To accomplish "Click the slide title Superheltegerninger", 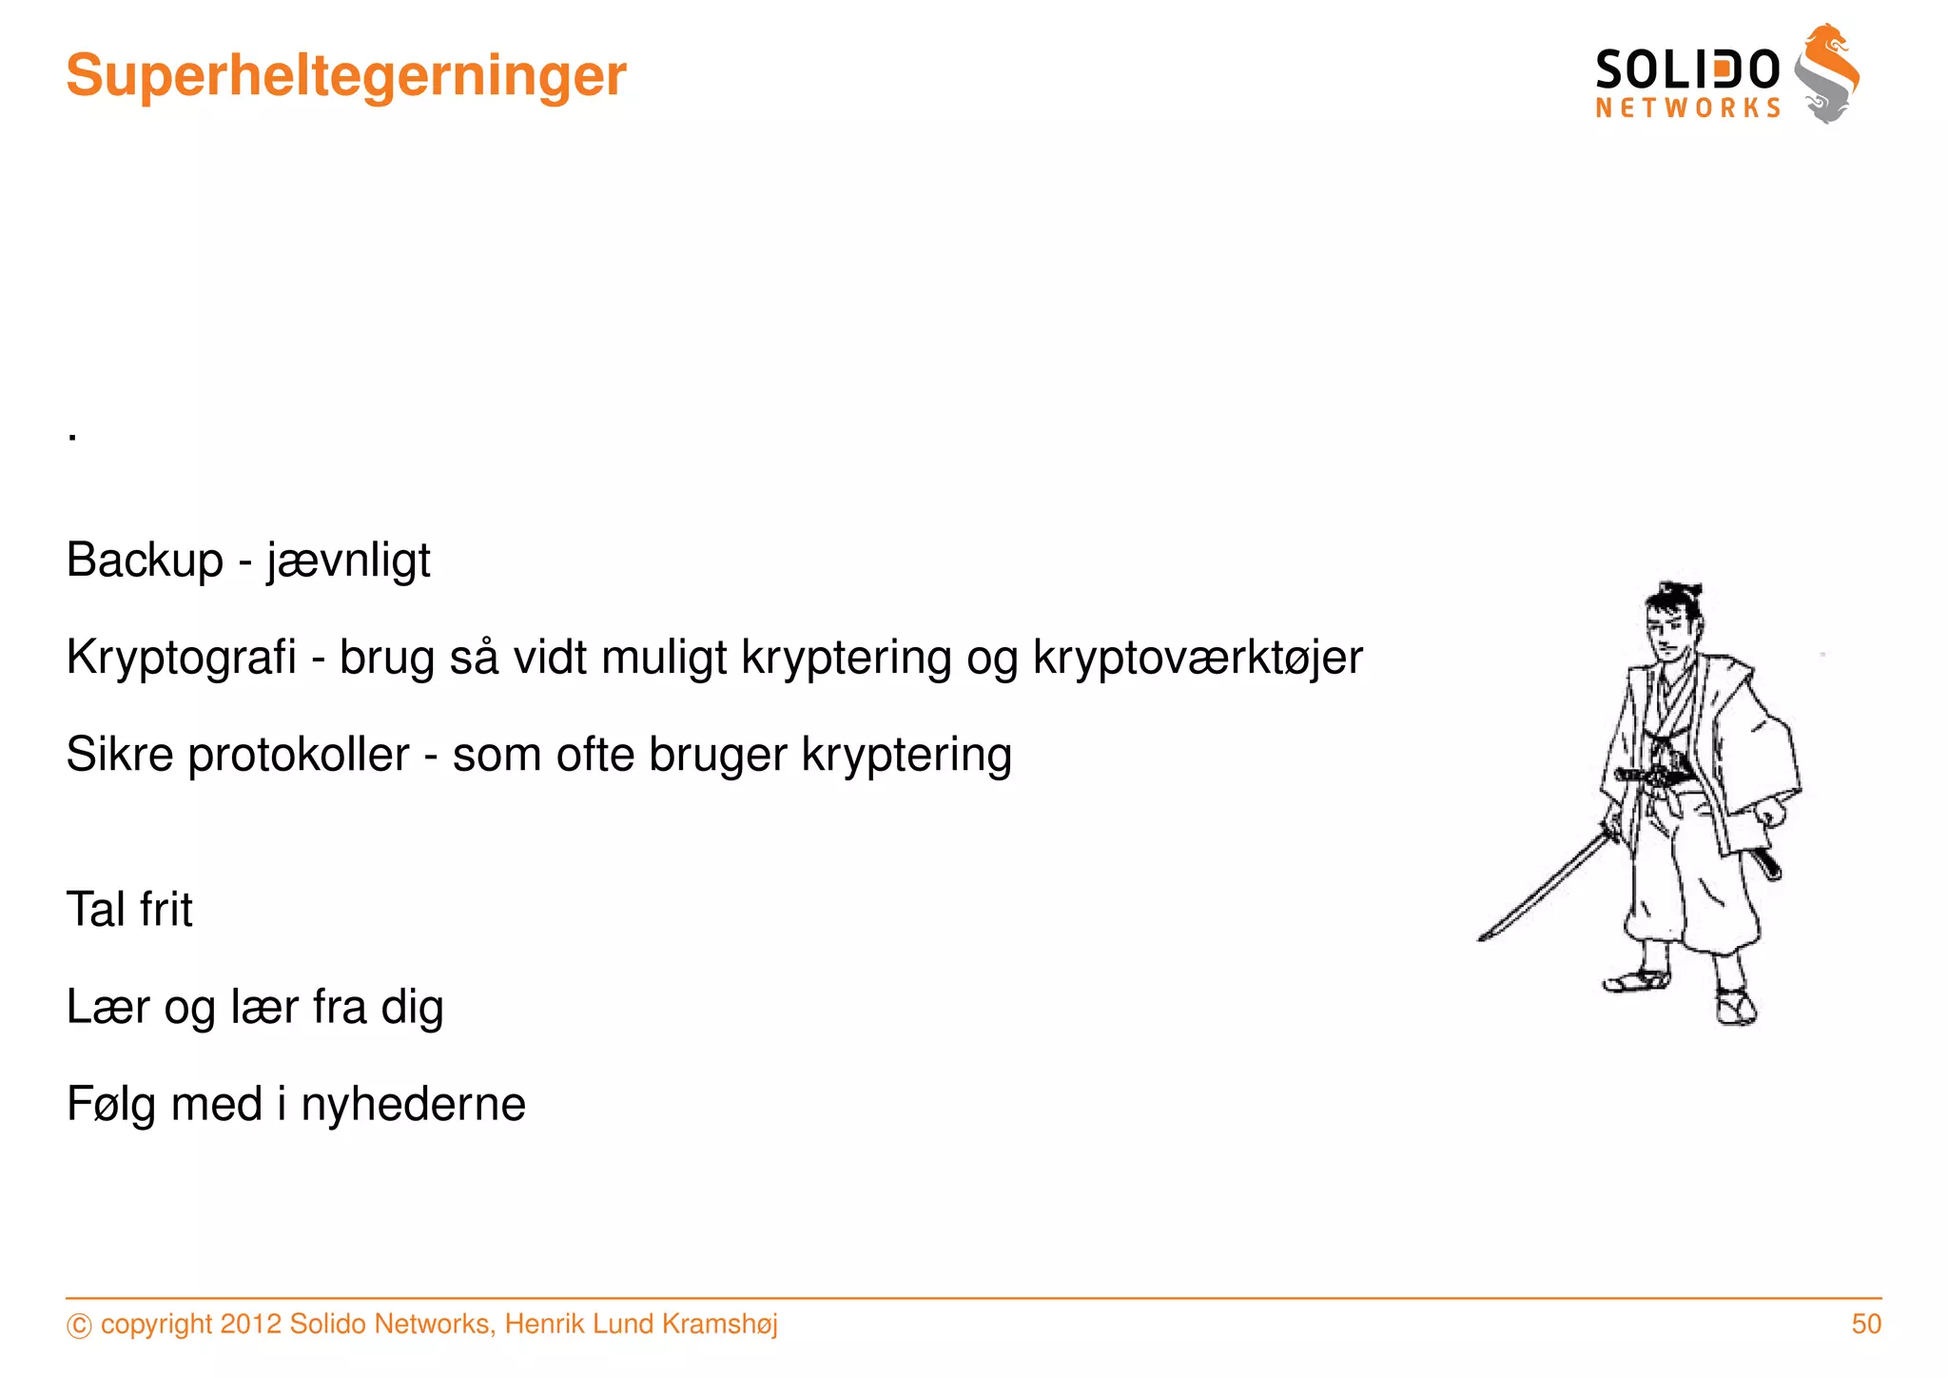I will (346, 75).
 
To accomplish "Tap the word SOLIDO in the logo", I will (1687, 69).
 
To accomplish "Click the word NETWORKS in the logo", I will (1687, 108).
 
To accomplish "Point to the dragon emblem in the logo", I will (1827, 73).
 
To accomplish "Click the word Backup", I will (145, 560).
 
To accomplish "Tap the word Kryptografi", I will (182, 658).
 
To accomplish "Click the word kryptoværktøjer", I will (1198, 659).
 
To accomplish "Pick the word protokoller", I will (299, 756).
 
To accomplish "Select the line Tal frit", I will (129, 910).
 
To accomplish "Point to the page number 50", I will (1866, 1324).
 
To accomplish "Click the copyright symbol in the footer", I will (79, 1326).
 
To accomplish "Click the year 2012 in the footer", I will (250, 1324).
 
